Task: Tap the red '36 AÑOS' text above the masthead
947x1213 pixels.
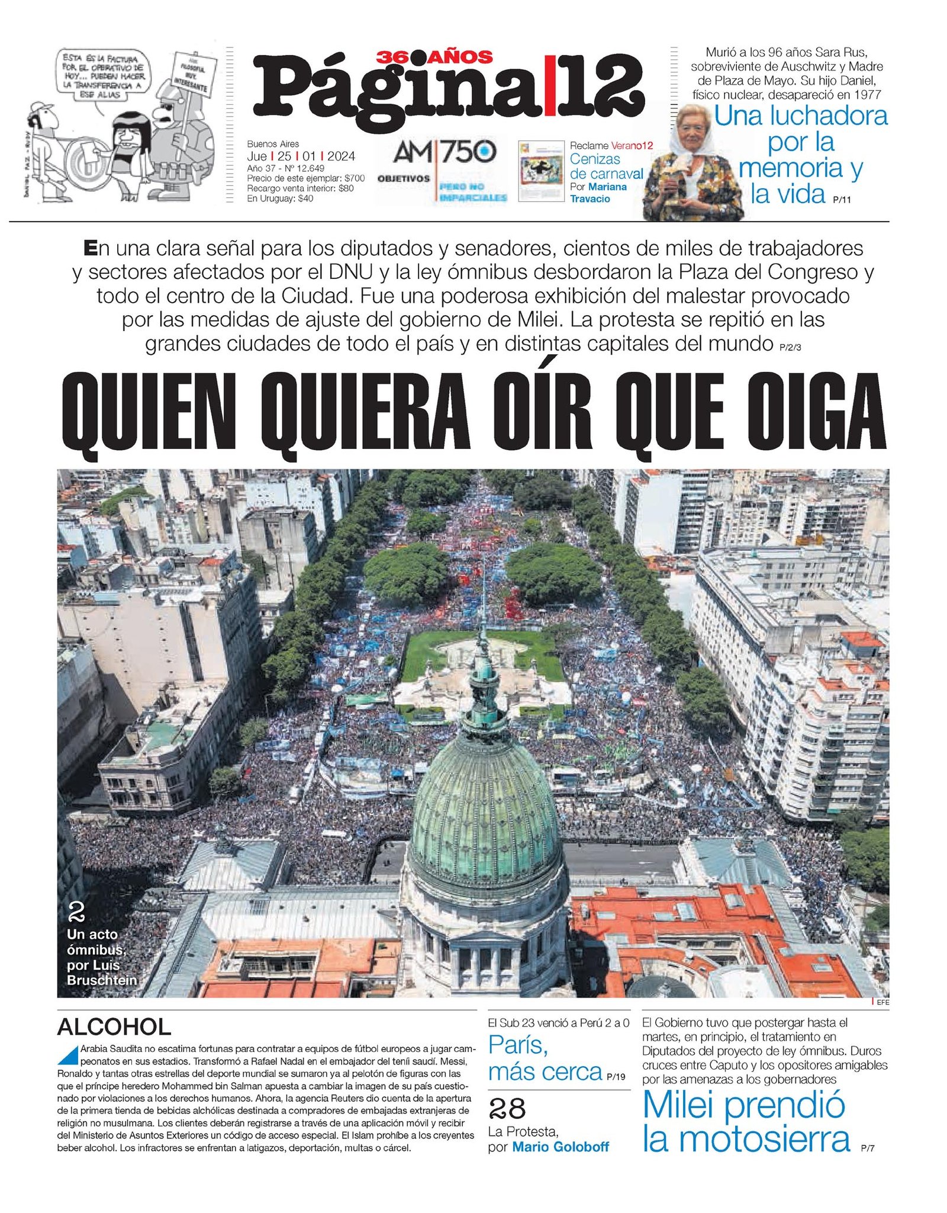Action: coord(434,57)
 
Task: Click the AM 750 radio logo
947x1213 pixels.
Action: coord(444,153)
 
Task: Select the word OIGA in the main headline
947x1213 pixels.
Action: coord(817,413)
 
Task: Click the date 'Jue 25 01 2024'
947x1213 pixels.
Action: coord(301,156)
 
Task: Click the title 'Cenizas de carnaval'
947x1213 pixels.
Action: coord(606,166)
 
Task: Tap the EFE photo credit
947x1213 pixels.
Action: coord(882,1002)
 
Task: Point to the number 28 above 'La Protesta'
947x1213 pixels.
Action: coord(507,1108)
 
